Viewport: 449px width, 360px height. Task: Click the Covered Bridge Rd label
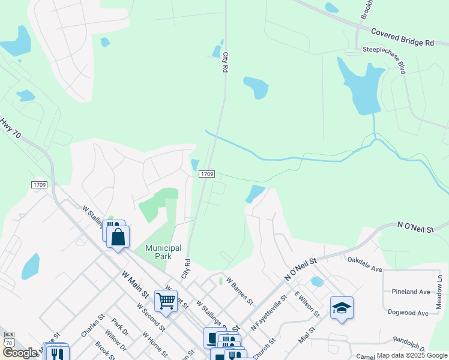click(402, 37)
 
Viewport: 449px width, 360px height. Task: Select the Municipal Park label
click(163, 252)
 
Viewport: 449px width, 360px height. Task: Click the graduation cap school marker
click(342, 308)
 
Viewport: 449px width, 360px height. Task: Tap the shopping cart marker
click(166, 301)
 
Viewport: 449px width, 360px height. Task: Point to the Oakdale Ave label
click(365, 265)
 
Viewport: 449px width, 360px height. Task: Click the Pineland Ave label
click(411, 292)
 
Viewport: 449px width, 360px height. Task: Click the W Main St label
click(135, 284)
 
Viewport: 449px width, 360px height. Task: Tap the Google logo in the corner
click(20, 353)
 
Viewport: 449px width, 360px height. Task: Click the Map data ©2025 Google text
click(411, 355)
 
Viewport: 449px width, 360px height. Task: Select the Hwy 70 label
click(11, 128)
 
